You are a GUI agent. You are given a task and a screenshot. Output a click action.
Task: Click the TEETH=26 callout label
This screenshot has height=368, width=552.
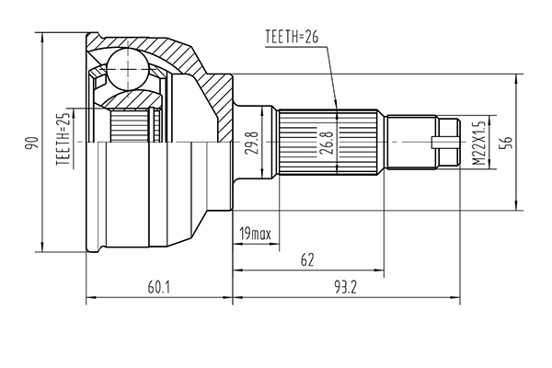(x=292, y=36)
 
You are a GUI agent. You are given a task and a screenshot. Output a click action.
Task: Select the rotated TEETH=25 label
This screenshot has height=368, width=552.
(x=63, y=140)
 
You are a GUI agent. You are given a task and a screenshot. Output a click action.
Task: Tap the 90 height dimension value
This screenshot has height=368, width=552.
(x=31, y=143)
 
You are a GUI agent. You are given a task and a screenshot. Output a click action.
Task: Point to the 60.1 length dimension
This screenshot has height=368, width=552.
(x=159, y=288)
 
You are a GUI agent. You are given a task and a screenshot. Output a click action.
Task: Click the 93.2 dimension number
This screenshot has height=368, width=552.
(x=345, y=288)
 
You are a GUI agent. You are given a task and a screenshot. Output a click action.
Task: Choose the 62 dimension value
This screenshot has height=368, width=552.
(x=307, y=260)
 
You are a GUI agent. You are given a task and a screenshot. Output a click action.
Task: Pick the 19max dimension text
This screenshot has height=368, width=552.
(x=255, y=234)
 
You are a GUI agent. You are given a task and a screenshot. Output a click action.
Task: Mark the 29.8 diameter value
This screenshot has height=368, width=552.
(x=252, y=143)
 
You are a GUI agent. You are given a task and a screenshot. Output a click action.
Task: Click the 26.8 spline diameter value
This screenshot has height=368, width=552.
(x=327, y=143)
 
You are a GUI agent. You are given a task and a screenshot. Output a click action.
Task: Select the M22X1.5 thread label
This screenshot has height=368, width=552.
(x=478, y=143)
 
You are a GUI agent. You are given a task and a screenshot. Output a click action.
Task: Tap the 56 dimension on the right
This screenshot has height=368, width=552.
(x=507, y=143)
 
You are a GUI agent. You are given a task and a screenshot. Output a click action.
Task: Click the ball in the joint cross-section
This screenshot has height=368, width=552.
(x=128, y=69)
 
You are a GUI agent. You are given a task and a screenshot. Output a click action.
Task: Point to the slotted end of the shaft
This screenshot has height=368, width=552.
(x=448, y=142)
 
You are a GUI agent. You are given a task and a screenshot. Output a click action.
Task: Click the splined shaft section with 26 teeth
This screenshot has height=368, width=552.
(x=328, y=142)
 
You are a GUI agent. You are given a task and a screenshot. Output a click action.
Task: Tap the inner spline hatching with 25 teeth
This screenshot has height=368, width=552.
(x=129, y=126)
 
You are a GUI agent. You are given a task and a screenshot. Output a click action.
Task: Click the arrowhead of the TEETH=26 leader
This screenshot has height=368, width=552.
(x=336, y=105)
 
